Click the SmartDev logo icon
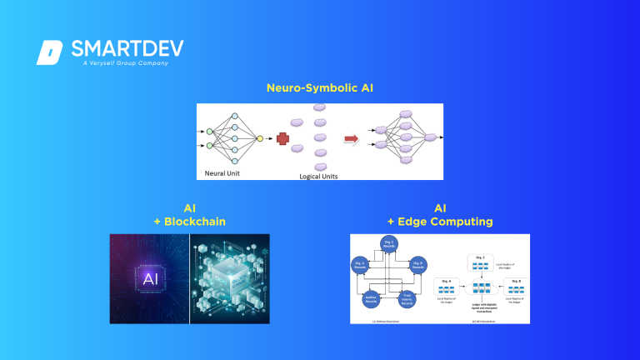click(x=49, y=52)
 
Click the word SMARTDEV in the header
click(x=127, y=48)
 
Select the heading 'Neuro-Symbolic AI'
click(x=319, y=87)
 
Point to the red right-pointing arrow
click(x=352, y=139)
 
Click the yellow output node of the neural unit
click(x=260, y=138)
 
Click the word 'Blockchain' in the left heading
click(x=198, y=221)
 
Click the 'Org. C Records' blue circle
click(x=388, y=244)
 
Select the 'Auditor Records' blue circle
click(x=372, y=298)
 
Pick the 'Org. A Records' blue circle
click(x=359, y=264)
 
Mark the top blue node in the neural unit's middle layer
click(x=234, y=115)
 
